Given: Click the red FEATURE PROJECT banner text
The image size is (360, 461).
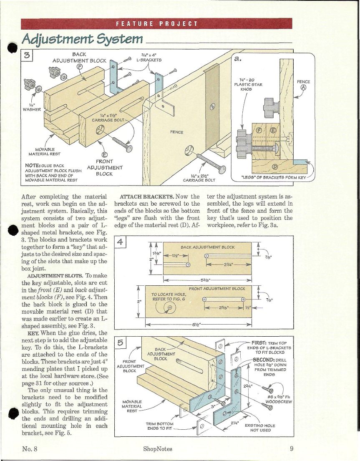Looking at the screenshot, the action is click(157, 23).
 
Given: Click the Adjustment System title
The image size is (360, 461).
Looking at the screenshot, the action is click(82, 39).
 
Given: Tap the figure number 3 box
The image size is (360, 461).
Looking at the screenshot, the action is click(27, 55).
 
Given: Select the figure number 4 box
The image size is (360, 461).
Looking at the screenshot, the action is click(120, 242).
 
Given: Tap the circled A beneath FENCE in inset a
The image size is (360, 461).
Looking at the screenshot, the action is click(303, 87).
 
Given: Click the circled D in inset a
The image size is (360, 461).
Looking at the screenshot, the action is click(275, 167).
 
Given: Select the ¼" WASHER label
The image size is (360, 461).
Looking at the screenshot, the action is click(32, 107).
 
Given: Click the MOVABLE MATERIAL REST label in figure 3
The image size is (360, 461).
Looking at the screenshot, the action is click(44, 152).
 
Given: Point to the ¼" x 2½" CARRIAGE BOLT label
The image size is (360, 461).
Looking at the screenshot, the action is click(199, 178).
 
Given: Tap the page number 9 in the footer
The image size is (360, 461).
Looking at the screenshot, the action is click(291, 448).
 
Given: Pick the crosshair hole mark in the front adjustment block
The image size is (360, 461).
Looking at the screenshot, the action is click(169, 307).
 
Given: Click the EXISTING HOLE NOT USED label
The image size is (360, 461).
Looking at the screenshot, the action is click(260, 428).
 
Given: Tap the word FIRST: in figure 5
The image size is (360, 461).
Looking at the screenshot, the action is click(259, 343).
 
